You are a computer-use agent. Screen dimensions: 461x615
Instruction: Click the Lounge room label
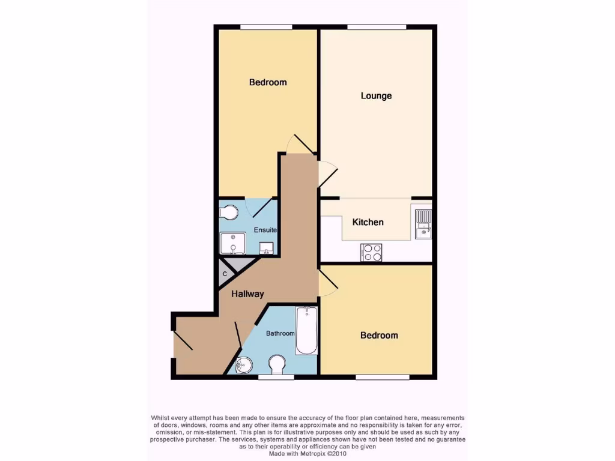pyautogui.click(x=376, y=96)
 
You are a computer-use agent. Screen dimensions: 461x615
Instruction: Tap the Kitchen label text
pyautogui.click(x=368, y=222)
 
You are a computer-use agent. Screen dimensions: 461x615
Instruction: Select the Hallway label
pyautogui.click(x=248, y=294)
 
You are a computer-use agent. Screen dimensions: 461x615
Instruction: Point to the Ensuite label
pyautogui.click(x=265, y=230)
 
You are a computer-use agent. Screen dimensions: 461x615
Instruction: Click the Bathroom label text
pyautogui.click(x=280, y=333)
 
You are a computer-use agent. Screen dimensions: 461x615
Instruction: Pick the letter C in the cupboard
pyautogui.click(x=225, y=274)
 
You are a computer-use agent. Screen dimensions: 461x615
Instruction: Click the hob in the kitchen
pyautogui.click(x=371, y=253)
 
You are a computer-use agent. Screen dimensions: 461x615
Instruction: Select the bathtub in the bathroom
pyautogui.click(x=306, y=331)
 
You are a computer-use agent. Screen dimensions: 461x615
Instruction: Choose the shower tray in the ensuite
pyautogui.click(x=232, y=244)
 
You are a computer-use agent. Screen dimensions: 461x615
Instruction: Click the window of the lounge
pyautogui.click(x=376, y=27)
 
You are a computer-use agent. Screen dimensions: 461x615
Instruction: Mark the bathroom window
pyautogui.click(x=276, y=377)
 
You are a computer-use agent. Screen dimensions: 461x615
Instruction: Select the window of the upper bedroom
pyautogui.click(x=266, y=27)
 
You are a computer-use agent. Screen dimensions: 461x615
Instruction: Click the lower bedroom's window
pyautogui.click(x=382, y=377)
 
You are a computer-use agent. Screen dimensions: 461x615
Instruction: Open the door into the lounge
pyautogui.click(x=328, y=173)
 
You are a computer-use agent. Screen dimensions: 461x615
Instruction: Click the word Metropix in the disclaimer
pyautogui.click(x=317, y=454)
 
